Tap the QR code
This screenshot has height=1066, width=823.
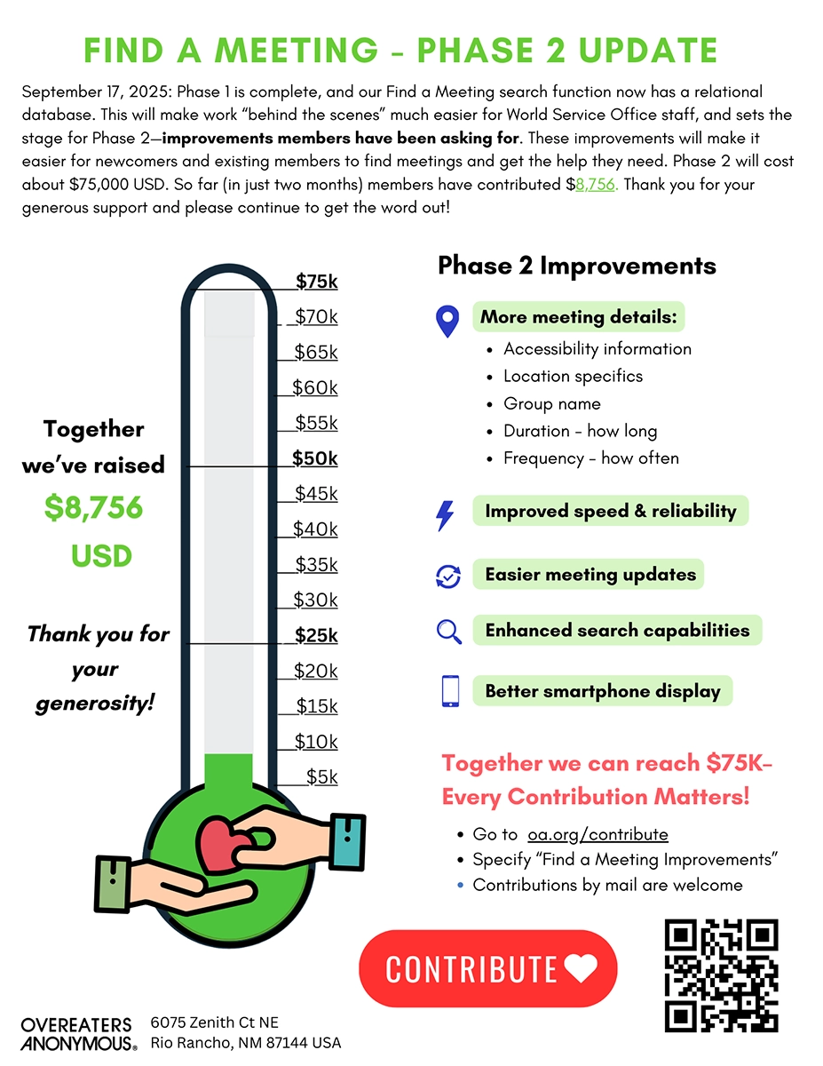coord(721,975)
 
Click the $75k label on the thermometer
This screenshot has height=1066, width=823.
coord(317,282)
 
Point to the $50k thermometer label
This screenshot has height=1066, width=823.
coord(316,458)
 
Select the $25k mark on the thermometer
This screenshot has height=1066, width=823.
coord(316,635)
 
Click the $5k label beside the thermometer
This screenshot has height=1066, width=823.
coord(321,776)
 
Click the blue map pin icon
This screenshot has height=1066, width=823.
coord(447,321)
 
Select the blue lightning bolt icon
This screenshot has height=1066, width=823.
coord(446,515)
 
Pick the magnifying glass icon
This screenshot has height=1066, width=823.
coord(449,632)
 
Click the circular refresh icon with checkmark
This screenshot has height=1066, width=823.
coord(448,576)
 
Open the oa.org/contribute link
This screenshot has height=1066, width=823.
coord(597,834)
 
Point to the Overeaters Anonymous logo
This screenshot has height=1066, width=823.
coord(78,1033)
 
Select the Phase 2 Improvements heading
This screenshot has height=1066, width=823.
coord(577,265)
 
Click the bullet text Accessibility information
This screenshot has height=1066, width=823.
coord(597,348)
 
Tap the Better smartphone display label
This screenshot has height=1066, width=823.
coord(602,691)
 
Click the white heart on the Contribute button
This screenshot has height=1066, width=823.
coord(581,968)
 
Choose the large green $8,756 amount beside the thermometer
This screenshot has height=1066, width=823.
coord(93,507)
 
